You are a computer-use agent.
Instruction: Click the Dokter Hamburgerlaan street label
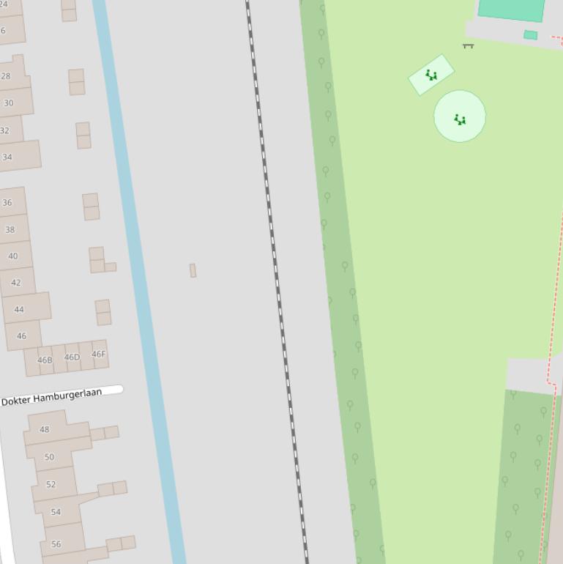point(52,397)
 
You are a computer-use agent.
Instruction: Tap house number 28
point(6,76)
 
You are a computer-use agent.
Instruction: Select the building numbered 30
point(9,103)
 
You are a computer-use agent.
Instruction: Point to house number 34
point(7,157)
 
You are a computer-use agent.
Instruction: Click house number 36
point(7,203)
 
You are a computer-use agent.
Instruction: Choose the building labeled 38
point(10,229)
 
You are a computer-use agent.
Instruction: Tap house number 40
point(13,256)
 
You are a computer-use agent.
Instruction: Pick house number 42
point(16,283)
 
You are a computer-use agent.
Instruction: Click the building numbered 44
point(19,310)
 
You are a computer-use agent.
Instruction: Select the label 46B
point(45,360)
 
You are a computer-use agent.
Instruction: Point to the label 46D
point(72,357)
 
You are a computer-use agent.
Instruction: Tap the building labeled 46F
point(98,355)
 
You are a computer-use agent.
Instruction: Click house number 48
point(45,429)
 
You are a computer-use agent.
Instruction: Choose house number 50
point(49,457)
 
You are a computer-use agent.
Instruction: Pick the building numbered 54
point(56,512)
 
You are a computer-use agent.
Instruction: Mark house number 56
point(56,544)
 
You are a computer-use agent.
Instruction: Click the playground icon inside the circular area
point(460,119)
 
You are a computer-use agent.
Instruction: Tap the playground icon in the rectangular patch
point(431,75)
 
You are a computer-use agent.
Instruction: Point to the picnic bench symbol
point(469,46)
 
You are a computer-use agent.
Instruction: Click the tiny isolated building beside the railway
point(193,270)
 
